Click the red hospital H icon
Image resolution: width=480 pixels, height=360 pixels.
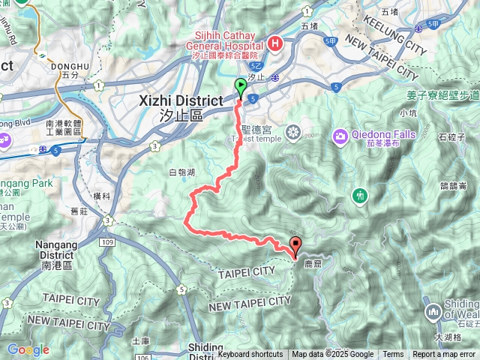[274, 42]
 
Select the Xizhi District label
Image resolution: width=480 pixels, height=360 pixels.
[181, 101]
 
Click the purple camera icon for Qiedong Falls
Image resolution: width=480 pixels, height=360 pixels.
[341, 136]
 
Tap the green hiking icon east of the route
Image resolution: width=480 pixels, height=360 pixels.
[361, 196]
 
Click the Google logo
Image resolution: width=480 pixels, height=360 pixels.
[28, 349]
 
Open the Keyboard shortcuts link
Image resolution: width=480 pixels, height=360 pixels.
[250, 355]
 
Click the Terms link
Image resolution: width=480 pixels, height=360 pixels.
[393, 355]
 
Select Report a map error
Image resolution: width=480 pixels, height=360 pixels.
[443, 355]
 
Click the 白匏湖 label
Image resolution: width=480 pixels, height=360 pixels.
[182, 172]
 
